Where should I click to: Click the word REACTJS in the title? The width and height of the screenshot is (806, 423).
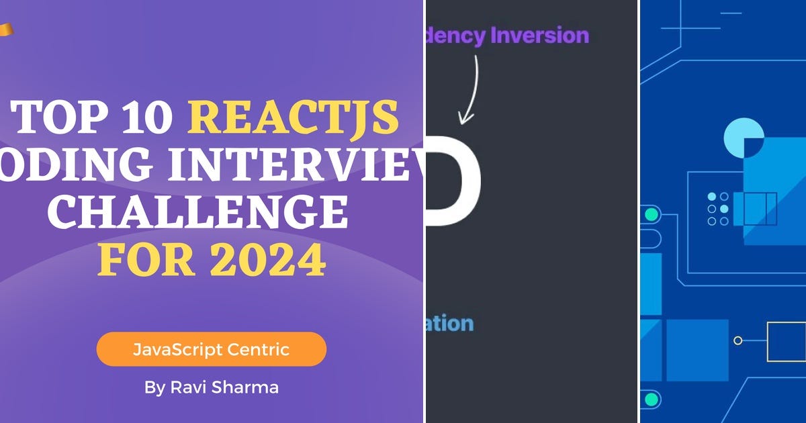(x=293, y=117)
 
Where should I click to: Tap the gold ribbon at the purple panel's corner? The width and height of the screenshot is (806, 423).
(x=5, y=30)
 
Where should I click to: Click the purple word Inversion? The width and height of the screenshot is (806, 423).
(x=539, y=35)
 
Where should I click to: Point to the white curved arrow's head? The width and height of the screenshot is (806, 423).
(x=465, y=120)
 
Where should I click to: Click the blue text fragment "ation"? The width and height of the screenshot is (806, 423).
(x=450, y=324)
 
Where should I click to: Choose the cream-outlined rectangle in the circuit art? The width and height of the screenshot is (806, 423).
(x=786, y=341)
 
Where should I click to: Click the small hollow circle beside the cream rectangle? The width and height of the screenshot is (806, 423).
(x=737, y=340)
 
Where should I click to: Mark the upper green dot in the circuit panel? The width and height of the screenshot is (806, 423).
(x=650, y=215)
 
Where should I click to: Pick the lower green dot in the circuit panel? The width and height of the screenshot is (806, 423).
(x=650, y=399)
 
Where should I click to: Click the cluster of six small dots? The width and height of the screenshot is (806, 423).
(x=718, y=209)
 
